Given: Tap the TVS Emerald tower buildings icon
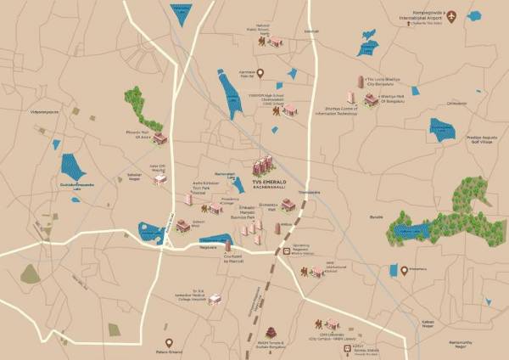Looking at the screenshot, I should click(x=264, y=164).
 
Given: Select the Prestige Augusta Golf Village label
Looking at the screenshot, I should click(x=484, y=138).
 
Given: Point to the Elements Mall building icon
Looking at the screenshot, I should click(x=288, y=205).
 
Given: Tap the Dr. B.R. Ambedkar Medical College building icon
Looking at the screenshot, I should click(x=215, y=299).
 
